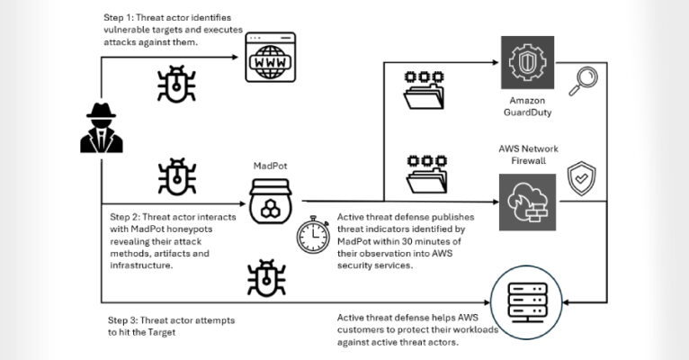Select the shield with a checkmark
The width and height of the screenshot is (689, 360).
click(x=581, y=178)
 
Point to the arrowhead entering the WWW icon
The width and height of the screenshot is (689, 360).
click(x=240, y=58)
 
